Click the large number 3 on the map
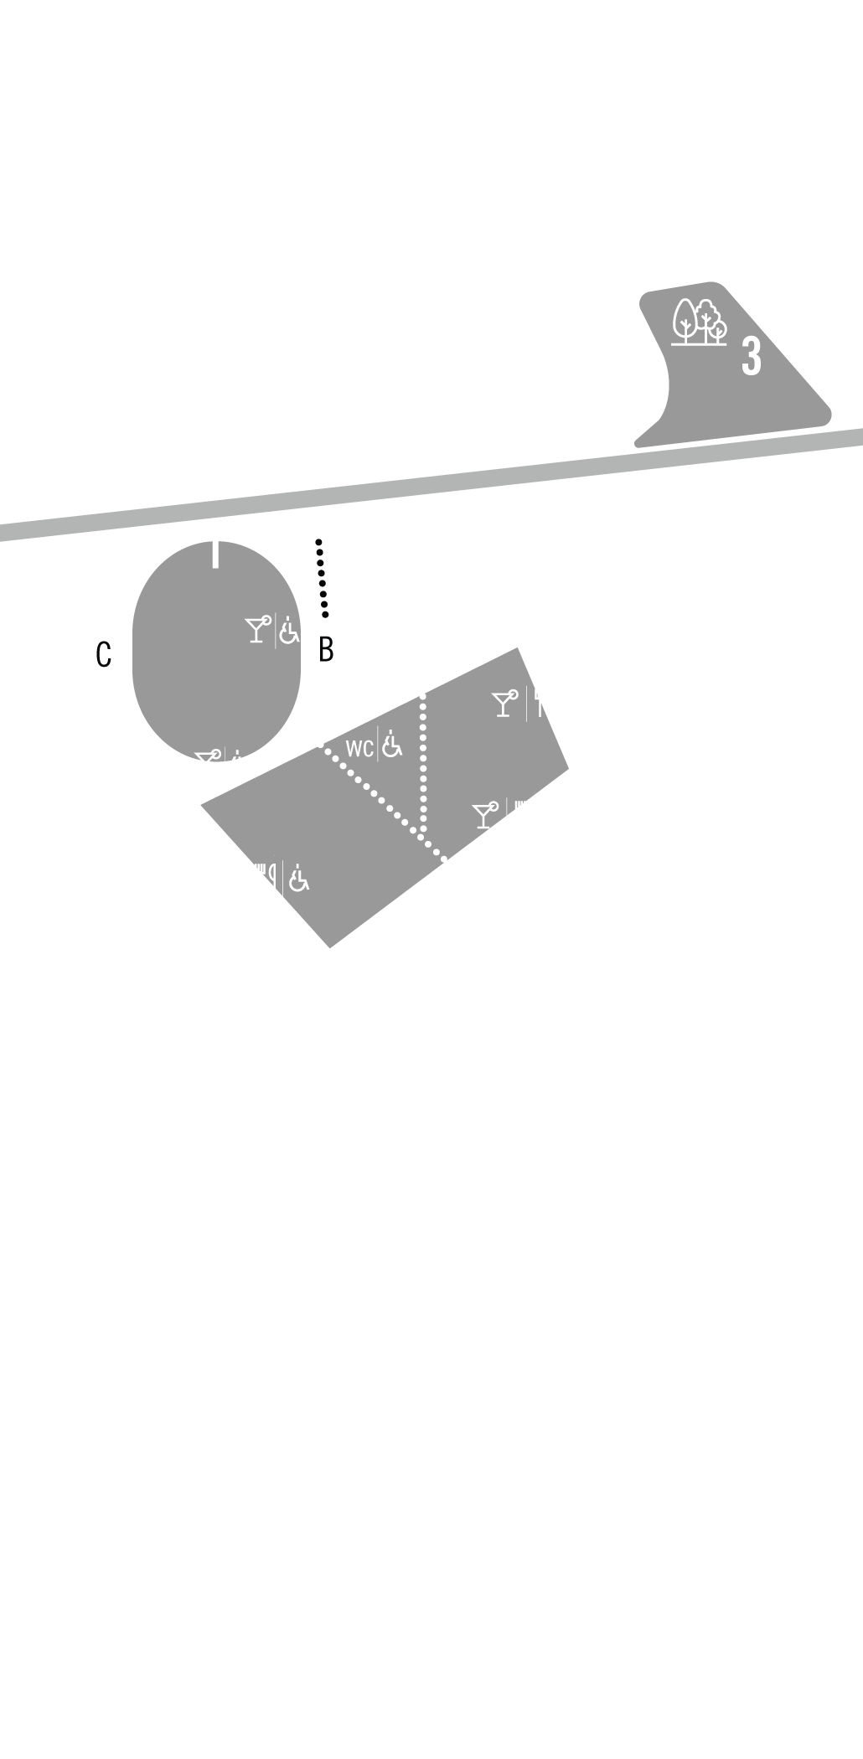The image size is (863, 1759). (752, 355)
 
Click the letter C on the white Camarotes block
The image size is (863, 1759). (104, 654)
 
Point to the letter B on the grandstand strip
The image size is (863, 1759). (327, 649)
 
